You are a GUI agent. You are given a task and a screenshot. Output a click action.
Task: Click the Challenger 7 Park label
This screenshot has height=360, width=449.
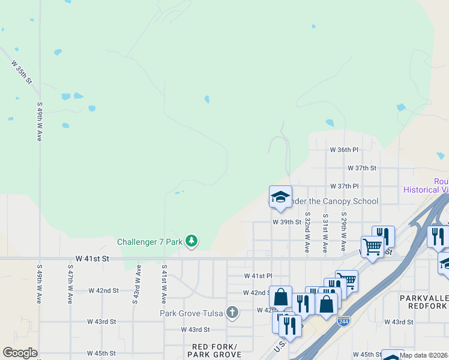149,242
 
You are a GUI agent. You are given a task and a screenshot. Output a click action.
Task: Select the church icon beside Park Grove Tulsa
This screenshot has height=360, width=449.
232,313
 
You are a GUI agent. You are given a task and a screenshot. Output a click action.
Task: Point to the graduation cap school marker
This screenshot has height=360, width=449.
280,197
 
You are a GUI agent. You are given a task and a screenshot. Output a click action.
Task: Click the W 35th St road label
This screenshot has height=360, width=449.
21,72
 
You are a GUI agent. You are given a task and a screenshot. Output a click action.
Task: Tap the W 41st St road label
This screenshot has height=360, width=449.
91,259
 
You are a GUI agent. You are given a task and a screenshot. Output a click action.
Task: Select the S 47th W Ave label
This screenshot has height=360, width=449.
70,283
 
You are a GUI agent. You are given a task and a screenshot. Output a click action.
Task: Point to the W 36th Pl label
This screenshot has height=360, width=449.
344,149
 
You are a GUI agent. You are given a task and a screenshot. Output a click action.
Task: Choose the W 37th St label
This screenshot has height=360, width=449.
361,169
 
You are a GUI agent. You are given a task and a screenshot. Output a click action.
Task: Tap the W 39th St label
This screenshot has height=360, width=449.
286,221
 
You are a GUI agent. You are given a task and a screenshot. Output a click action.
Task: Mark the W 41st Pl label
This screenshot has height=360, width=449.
258,276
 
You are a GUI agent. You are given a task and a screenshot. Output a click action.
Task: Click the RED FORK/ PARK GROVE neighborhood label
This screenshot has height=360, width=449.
215,350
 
